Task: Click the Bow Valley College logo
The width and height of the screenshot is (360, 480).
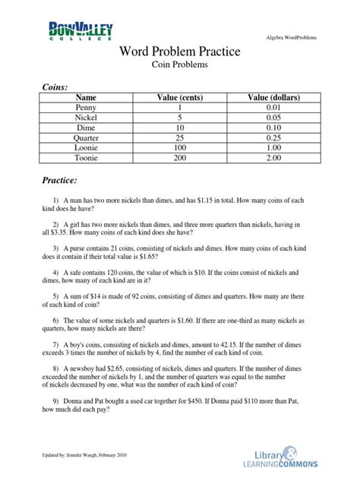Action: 81,33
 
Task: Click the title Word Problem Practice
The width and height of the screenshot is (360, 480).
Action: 180,52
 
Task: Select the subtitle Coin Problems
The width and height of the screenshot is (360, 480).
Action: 180,66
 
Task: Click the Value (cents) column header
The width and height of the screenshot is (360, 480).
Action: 179,98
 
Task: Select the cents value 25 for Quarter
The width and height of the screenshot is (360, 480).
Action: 179,139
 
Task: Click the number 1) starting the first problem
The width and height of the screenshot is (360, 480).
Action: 55,200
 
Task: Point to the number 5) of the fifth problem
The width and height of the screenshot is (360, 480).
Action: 55,295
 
